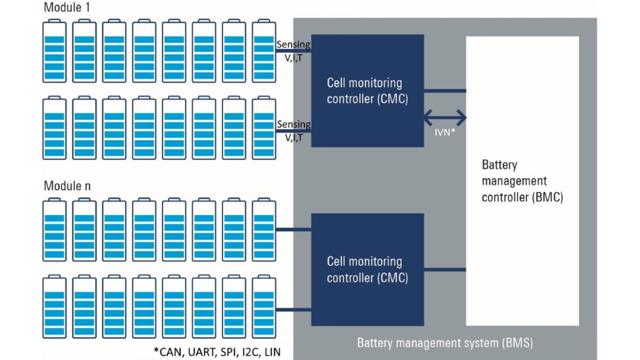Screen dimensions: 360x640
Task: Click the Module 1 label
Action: coord(65,7)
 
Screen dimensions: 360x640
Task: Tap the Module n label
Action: coord(65,186)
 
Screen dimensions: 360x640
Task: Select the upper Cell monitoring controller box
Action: coord(367,91)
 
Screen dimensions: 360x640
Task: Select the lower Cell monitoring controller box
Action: coord(367,269)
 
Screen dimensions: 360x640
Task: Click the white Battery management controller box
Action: coord(522,181)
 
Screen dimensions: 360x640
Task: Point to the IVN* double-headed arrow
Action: coord(445,117)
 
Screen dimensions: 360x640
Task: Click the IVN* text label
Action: coord(445,132)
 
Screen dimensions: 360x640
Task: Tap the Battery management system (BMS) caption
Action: coord(444,343)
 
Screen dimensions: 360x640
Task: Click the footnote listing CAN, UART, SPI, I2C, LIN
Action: coord(217,352)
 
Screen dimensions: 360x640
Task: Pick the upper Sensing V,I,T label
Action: coord(293,48)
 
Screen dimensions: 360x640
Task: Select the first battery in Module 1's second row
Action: coord(54,126)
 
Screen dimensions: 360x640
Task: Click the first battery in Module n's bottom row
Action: coord(54,306)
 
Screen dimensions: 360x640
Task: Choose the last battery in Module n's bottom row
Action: coord(264,306)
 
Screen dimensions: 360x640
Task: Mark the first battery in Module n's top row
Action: coord(54,229)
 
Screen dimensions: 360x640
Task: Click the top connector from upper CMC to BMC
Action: coord(445,91)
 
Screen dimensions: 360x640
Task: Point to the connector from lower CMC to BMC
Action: coord(445,269)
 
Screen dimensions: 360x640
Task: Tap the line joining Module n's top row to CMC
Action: coord(293,230)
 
